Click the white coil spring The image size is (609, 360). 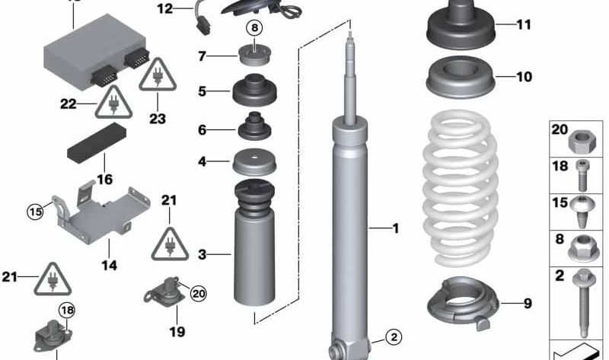tap(460, 186)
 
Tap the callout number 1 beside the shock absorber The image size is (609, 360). tap(395, 228)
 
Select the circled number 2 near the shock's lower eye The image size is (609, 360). tap(392, 336)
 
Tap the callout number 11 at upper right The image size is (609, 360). tap(523, 25)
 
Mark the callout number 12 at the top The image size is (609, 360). tap(165, 9)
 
